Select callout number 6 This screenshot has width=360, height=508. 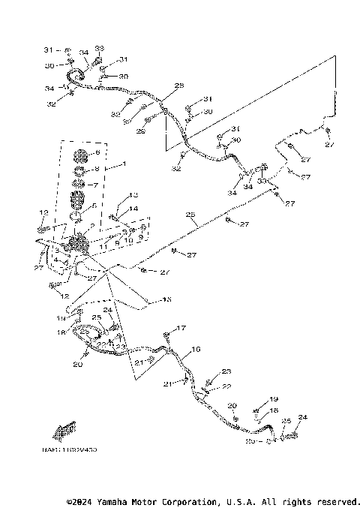97,154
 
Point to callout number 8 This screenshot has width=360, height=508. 97,169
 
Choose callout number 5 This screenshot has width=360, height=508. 93,205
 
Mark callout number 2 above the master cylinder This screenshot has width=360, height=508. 91,227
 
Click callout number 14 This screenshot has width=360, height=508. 133,209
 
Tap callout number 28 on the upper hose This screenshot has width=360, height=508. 178,87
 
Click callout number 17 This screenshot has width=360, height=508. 180,328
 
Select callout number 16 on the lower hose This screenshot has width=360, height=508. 196,350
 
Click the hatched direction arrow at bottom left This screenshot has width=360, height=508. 62,431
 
